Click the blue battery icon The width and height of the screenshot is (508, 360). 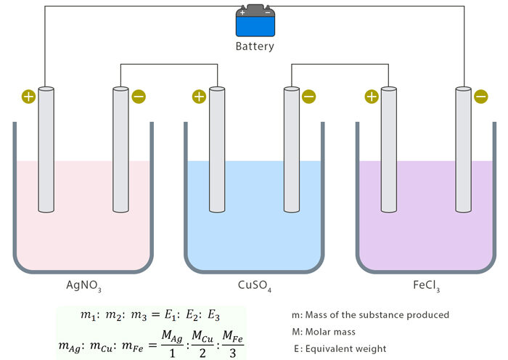coord(255,22)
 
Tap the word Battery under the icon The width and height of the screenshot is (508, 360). coord(255,46)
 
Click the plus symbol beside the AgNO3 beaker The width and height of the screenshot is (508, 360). coord(28,96)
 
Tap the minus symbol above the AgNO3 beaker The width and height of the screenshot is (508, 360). coord(138,96)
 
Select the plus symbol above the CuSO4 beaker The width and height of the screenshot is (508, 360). coord(199,96)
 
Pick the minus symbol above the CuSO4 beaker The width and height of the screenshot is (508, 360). coord(308,96)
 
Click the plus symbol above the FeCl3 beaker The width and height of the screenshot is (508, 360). coord(372,96)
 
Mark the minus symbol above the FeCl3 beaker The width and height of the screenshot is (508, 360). coord(480,96)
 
